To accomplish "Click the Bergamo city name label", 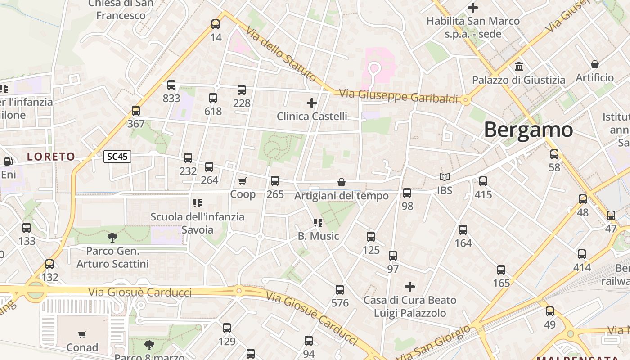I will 528,130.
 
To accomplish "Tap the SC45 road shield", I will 117,157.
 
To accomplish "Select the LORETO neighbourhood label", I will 51,157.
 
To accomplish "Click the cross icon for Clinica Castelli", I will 312,103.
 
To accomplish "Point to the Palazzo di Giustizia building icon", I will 519,67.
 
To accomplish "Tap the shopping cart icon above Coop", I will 243,181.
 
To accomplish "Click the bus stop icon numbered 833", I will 171,85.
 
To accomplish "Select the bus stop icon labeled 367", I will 136,110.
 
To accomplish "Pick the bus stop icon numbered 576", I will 340,290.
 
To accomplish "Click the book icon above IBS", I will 445,177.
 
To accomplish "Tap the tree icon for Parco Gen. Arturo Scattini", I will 112,237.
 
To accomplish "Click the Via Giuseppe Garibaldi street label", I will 398,96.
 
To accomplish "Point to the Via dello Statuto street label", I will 281,54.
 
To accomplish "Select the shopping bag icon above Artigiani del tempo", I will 342,182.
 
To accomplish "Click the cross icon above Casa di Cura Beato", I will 410,286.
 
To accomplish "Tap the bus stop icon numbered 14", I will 216,24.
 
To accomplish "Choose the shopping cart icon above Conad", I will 82,334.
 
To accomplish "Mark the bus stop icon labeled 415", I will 483,181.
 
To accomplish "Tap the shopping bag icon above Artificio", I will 594,64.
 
